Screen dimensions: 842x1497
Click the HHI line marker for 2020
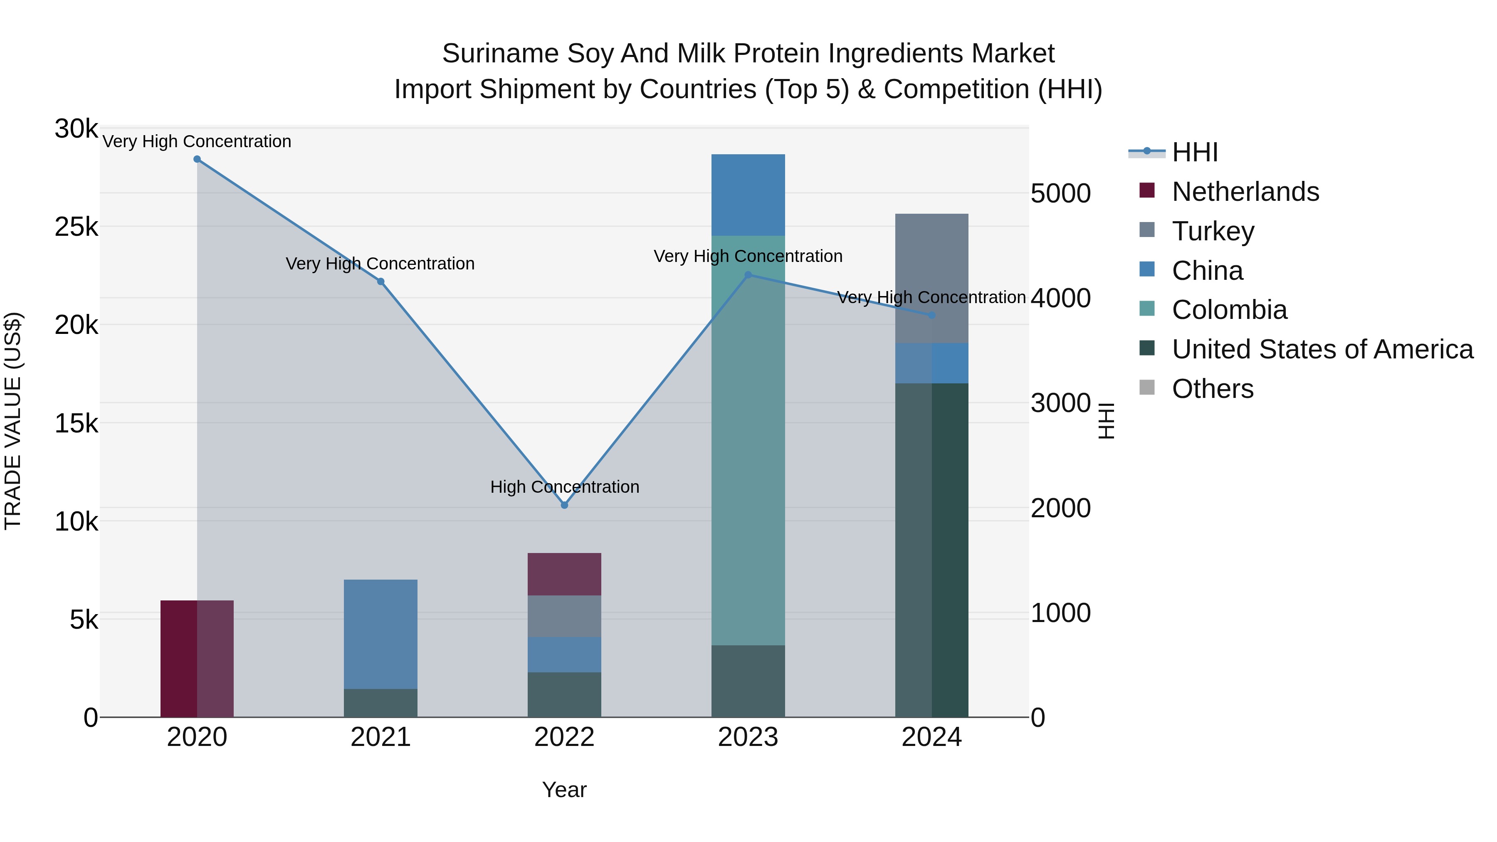click(x=197, y=159)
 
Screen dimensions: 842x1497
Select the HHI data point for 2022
click(x=564, y=505)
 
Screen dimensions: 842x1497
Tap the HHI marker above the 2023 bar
click(x=748, y=275)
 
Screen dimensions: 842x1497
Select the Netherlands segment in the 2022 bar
click(x=564, y=574)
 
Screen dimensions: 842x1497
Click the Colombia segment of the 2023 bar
click(x=748, y=440)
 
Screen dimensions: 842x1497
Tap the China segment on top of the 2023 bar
click(x=748, y=195)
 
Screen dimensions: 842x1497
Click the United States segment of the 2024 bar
click(x=931, y=550)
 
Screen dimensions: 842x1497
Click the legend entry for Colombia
click(x=1229, y=310)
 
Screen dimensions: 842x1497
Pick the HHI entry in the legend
click(x=1194, y=152)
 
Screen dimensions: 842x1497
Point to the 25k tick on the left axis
click(x=76, y=227)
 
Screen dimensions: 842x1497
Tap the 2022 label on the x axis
click(x=564, y=737)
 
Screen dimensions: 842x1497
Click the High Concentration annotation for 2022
click(x=564, y=487)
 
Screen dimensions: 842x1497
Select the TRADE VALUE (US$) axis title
click(x=13, y=421)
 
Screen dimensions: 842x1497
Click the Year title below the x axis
click(x=564, y=790)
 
